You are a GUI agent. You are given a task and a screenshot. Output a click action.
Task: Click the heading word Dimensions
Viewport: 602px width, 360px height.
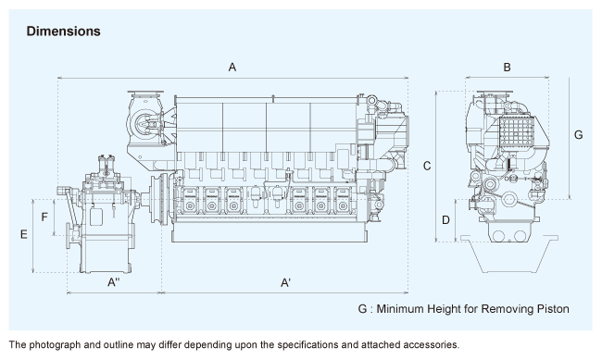pos(63,31)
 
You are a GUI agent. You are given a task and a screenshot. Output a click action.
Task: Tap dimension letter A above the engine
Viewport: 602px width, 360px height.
pos(232,68)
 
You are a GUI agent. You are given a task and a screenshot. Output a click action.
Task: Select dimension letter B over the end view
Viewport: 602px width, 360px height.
pos(507,68)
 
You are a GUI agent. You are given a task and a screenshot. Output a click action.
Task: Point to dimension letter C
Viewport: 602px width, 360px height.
pos(427,166)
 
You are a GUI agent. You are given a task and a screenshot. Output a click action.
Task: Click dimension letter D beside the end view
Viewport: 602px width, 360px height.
pos(445,220)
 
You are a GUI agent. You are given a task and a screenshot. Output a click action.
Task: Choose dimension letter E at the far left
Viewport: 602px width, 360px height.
pos(24,234)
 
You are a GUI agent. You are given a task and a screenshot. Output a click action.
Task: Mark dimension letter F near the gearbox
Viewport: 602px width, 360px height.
pos(44,217)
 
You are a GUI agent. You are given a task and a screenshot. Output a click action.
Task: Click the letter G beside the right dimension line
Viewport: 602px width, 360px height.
pos(578,135)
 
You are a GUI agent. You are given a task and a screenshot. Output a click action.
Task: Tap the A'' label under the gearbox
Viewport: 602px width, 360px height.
pos(114,282)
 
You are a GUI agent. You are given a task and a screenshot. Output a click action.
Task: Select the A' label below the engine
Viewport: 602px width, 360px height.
pos(285,283)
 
